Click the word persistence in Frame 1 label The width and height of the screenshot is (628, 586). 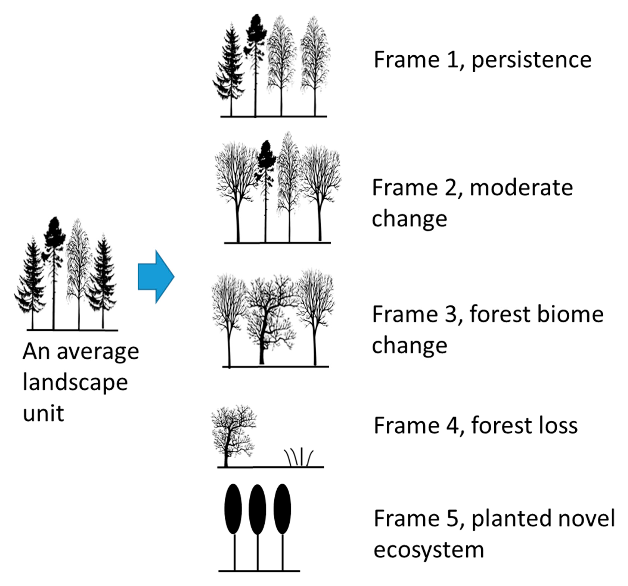[531, 60]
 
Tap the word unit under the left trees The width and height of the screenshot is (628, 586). [44, 413]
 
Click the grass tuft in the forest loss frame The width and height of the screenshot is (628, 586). [299, 457]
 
